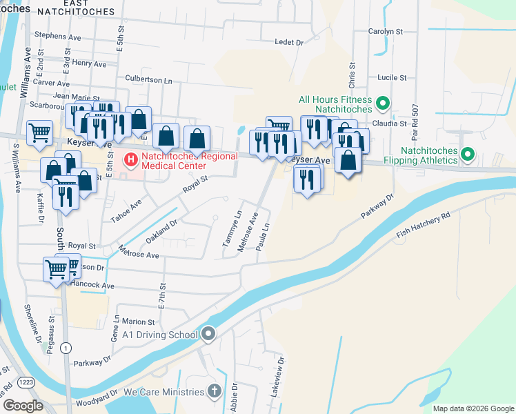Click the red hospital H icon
pos(130,160)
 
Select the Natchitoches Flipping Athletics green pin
pos(468,154)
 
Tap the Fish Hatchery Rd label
pos(423,225)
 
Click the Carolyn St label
pos(385,32)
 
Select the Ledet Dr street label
pos(289,42)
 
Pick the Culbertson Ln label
pos(148,80)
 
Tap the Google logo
pos(23,406)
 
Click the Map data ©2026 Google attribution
pos(473,408)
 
